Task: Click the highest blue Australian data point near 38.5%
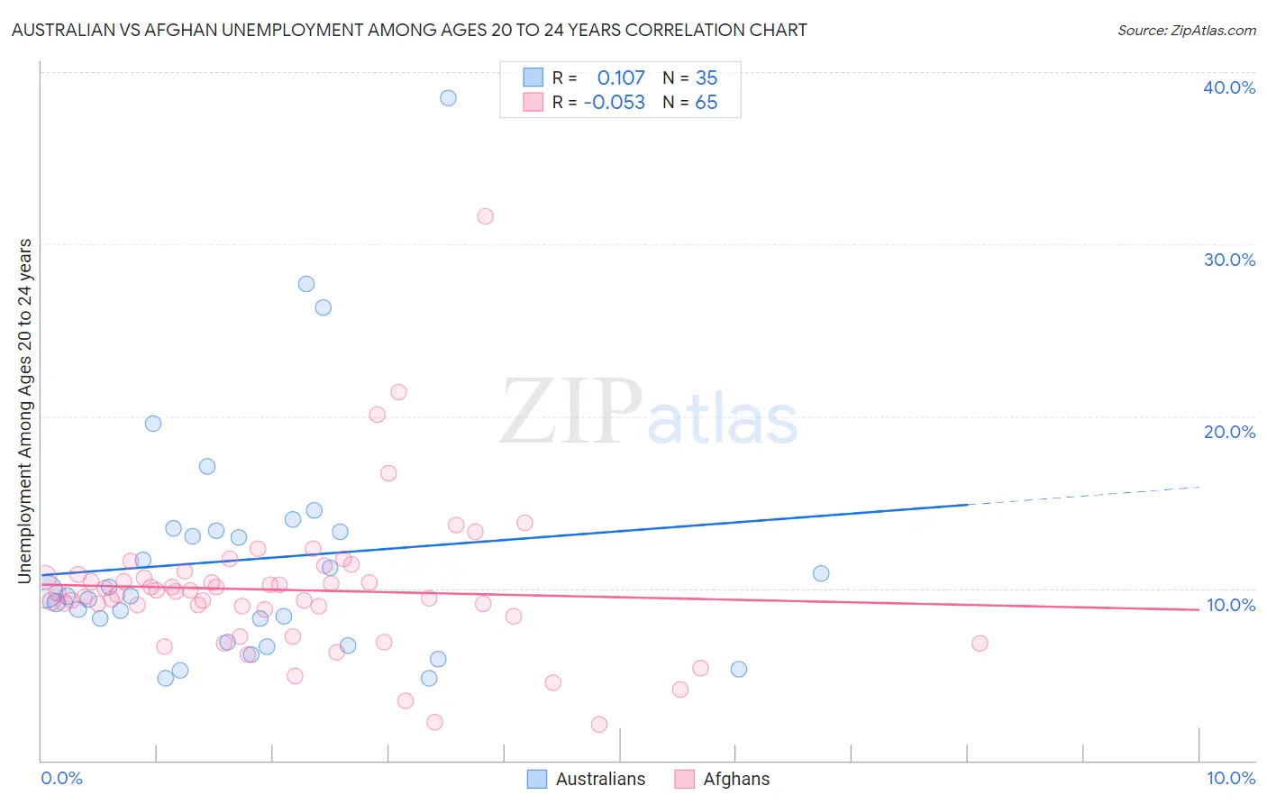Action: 448,97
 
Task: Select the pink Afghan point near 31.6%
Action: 485,215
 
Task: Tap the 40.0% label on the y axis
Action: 1229,87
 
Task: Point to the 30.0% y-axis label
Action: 1229,260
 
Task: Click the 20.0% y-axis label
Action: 1229,432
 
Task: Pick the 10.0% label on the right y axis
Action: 1231,605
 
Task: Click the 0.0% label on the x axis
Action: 61,778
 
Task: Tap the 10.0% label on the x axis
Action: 1231,778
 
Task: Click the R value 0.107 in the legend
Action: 621,78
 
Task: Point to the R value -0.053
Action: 615,103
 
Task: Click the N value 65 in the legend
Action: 706,103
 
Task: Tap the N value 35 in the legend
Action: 706,78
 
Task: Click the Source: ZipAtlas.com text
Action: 1186,31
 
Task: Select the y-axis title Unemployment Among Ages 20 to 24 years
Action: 25,410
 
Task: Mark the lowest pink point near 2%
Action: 599,725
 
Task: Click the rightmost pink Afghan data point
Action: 980,643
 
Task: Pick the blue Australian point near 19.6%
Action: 153,423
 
